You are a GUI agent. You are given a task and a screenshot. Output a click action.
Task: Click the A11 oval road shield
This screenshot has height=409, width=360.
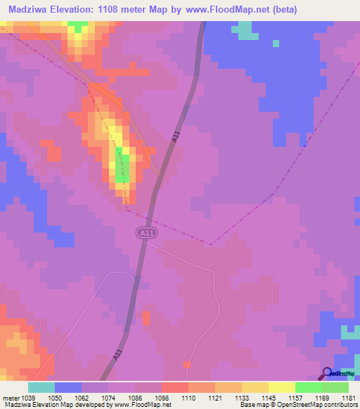point(146,232)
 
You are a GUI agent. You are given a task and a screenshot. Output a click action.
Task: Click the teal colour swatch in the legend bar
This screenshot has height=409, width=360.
point(41,387)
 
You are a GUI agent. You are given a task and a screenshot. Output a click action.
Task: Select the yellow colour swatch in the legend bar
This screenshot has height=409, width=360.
point(281,387)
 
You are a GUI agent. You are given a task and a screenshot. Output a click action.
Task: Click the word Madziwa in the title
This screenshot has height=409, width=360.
point(32,9)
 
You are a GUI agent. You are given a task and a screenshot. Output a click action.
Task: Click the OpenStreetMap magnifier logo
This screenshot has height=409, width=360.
point(328,372)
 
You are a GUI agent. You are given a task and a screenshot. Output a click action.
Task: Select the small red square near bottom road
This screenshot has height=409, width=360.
point(187,364)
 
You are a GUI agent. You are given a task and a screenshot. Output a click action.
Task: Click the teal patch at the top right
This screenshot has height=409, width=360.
point(244,31)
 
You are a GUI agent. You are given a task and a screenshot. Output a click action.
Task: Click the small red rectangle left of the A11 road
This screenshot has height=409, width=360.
point(146,318)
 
